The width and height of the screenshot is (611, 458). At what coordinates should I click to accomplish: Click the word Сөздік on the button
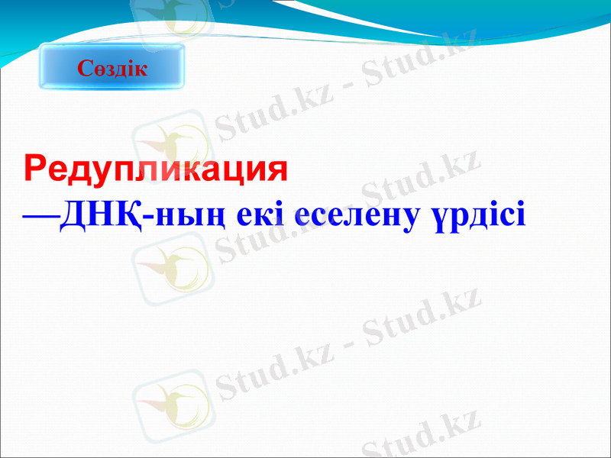112,69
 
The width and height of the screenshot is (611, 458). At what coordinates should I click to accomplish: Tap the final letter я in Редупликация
276,169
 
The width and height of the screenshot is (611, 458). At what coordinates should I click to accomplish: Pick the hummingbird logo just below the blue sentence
170,264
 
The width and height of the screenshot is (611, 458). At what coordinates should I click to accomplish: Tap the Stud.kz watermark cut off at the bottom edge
420,439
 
